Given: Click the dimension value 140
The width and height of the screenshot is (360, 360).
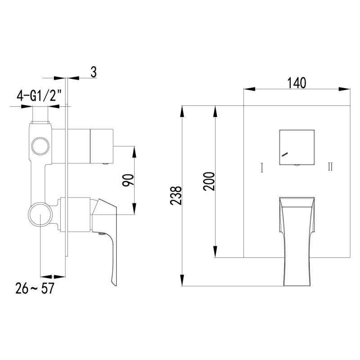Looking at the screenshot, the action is (297, 83).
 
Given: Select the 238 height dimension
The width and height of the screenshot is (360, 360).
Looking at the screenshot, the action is (176, 196).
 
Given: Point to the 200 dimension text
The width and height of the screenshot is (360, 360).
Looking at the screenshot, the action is (209, 181).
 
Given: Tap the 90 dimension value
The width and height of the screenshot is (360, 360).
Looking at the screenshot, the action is (128, 180).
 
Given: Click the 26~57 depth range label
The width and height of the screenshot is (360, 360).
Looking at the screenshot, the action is (35, 288).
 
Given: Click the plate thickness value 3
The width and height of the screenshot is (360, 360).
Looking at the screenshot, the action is (94, 72).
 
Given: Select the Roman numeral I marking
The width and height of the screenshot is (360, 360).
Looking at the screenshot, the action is (262, 167).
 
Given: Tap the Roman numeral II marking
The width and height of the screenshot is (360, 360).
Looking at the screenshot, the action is (330, 166).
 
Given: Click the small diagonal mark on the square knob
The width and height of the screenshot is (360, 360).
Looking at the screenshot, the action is (285, 154).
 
